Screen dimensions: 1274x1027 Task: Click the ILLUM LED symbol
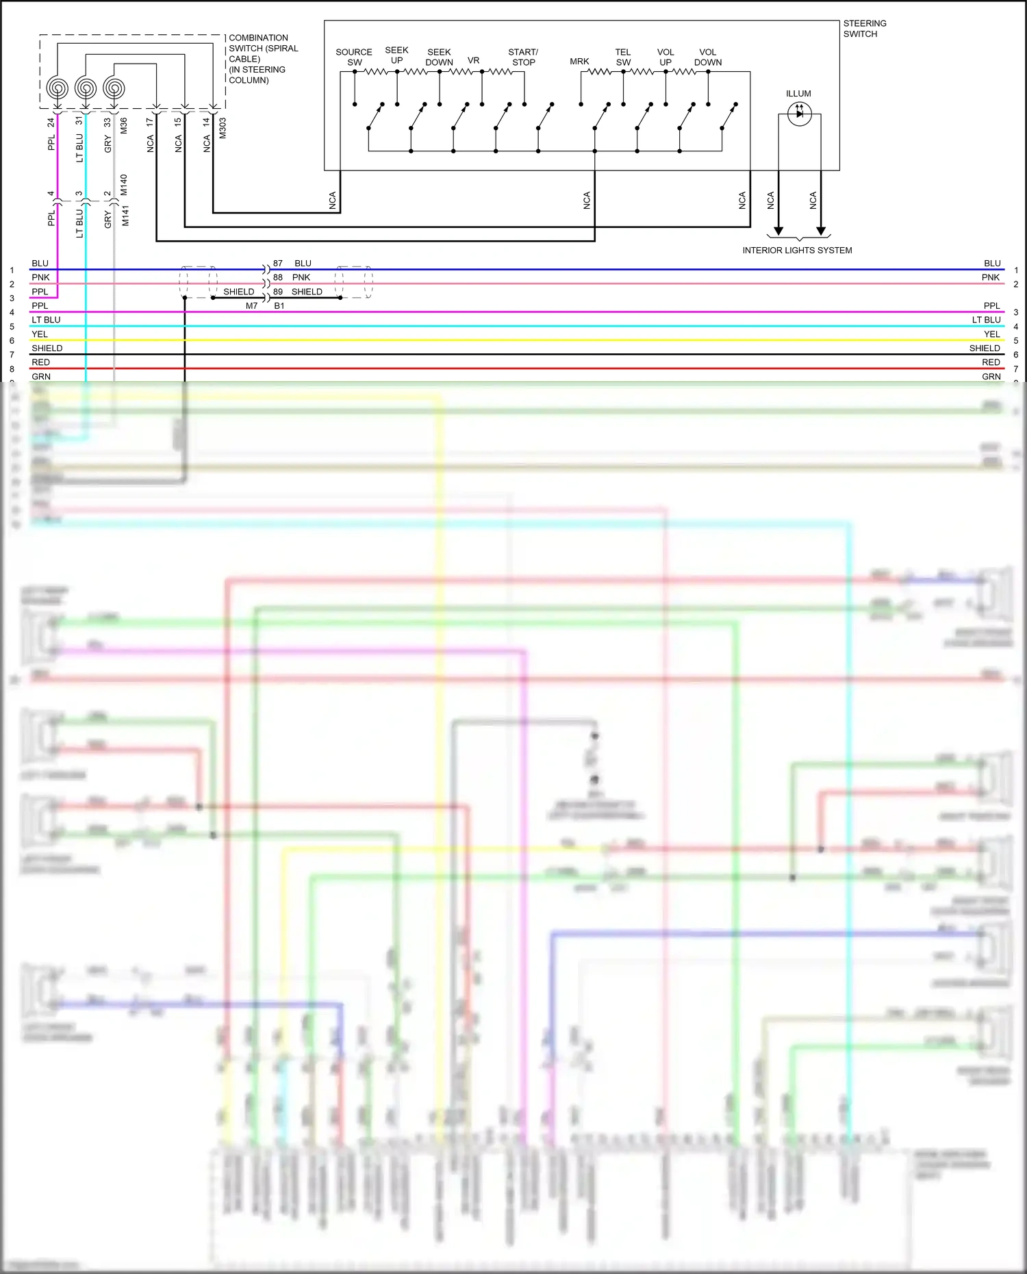click(x=799, y=114)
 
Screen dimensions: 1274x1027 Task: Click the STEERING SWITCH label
click(x=864, y=29)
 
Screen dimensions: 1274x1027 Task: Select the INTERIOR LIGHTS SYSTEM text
click(x=797, y=251)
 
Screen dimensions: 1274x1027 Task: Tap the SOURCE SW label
click(x=354, y=58)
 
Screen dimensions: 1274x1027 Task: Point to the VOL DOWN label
click(x=708, y=58)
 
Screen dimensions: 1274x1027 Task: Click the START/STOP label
click(x=523, y=58)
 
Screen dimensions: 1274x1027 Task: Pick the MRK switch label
click(x=579, y=62)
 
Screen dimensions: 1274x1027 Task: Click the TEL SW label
click(x=623, y=58)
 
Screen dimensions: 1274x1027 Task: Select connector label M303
click(x=223, y=128)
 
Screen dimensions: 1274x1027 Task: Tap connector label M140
click(x=124, y=185)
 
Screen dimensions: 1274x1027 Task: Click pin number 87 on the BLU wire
click(x=278, y=264)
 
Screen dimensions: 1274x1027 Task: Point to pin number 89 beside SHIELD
click(x=278, y=292)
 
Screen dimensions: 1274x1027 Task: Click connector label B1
click(x=279, y=306)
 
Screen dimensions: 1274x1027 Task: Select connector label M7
click(x=252, y=306)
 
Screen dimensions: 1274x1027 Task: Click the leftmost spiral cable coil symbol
click(x=58, y=88)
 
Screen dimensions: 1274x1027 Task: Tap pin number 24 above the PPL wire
click(x=51, y=123)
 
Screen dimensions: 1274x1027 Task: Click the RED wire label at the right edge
click(x=991, y=363)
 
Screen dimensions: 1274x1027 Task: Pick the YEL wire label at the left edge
click(x=40, y=335)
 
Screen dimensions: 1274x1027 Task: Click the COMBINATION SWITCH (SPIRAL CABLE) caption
click(x=263, y=59)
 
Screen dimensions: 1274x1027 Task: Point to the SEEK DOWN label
click(x=439, y=58)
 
